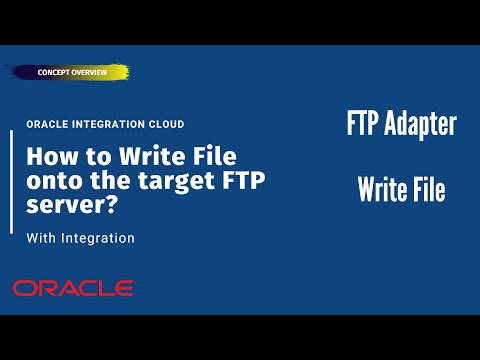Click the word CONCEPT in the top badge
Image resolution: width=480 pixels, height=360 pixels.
[56, 74]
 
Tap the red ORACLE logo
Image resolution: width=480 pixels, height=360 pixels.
[73, 288]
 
